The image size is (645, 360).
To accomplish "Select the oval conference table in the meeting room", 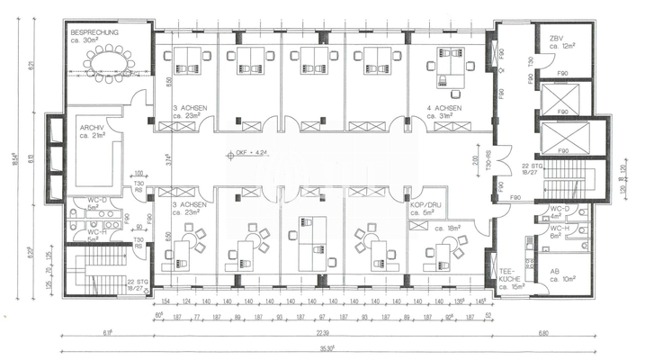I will tap(111, 63).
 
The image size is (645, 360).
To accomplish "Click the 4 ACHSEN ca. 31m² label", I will tap(445, 112).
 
